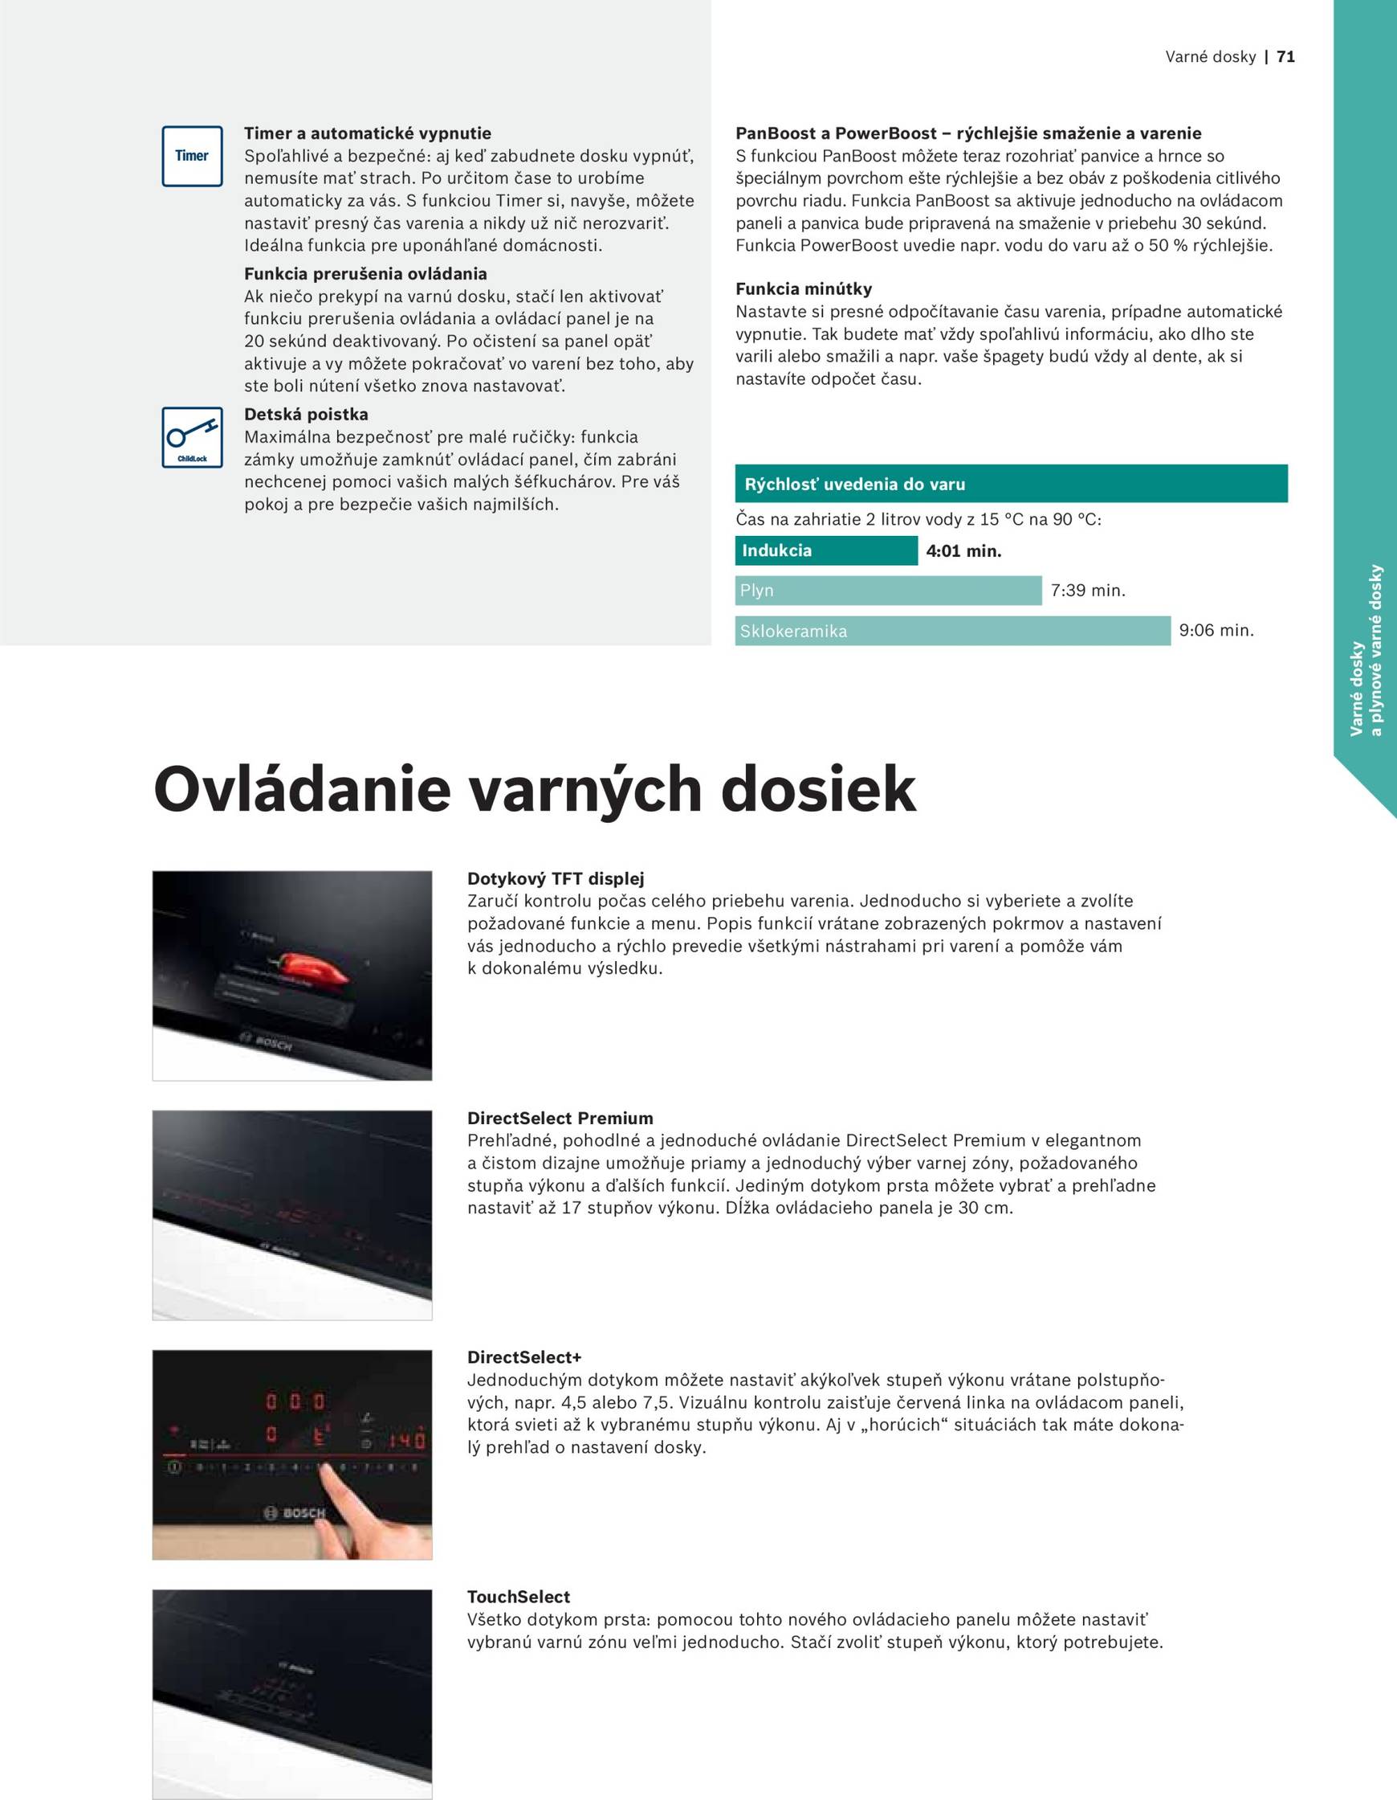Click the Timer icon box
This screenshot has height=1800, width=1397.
pyautogui.click(x=192, y=156)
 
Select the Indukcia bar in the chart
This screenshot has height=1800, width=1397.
pyautogui.click(x=825, y=550)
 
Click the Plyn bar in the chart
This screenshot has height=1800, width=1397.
pyautogui.click(x=888, y=590)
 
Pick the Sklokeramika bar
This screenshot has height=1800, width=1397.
pyautogui.click(x=952, y=632)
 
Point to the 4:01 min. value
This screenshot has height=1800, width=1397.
pyautogui.click(x=963, y=550)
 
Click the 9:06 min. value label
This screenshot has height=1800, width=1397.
pyautogui.click(x=1216, y=631)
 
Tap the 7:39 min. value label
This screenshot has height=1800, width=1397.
pyautogui.click(x=1087, y=590)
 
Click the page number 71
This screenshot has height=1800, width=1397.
pyautogui.click(x=1285, y=57)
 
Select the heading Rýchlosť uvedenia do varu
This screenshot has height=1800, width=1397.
pyautogui.click(x=854, y=484)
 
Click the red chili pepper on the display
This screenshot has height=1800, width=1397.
pyautogui.click(x=312, y=969)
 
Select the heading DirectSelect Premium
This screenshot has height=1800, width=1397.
pyautogui.click(x=560, y=1118)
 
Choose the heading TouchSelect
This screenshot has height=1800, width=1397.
pyautogui.click(x=518, y=1597)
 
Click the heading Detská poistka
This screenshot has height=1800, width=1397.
pyautogui.click(x=306, y=414)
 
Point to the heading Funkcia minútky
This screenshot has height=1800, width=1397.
pyautogui.click(x=803, y=288)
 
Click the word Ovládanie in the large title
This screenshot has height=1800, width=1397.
pyautogui.click(x=301, y=790)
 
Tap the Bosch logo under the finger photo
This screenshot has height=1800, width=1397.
pyautogui.click(x=295, y=1513)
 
